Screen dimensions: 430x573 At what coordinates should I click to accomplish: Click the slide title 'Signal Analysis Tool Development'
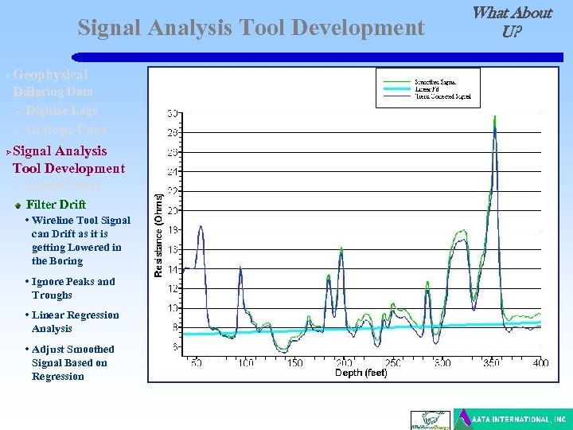point(251,28)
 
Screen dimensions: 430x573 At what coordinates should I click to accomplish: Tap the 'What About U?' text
point(511,22)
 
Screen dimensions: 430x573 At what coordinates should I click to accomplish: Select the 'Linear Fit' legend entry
point(427,88)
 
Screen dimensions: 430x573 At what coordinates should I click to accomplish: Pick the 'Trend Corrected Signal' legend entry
point(442,96)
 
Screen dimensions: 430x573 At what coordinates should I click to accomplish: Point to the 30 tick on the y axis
point(172,113)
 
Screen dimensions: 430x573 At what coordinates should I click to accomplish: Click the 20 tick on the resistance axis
point(172,210)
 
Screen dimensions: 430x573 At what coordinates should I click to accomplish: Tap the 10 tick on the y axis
point(172,307)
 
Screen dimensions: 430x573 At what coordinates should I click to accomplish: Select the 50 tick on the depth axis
point(196,363)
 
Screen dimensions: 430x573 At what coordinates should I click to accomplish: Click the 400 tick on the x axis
point(540,363)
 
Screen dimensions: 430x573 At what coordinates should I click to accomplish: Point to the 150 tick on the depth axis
point(294,363)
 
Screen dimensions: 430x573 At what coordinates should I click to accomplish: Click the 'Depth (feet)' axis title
point(361,373)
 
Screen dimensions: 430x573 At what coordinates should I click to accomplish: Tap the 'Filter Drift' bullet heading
point(56,205)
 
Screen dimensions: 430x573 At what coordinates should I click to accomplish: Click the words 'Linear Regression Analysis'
point(75,322)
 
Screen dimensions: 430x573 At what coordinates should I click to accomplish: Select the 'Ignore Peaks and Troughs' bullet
point(73,288)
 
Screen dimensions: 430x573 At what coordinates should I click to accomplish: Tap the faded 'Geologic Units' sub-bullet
point(65,130)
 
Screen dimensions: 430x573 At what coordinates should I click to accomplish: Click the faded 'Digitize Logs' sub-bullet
point(61,111)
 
